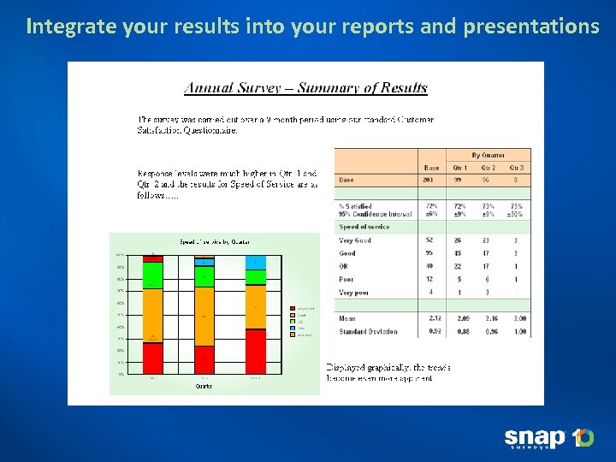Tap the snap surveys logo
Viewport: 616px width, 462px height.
[548, 439]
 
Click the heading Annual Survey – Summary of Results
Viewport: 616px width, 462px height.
[306, 87]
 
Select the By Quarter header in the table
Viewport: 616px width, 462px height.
[488, 155]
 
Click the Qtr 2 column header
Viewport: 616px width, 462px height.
[488, 168]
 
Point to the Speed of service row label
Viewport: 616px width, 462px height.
[364, 227]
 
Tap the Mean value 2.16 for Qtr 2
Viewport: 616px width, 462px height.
[488, 317]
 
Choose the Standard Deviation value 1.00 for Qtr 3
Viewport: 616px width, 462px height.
[516, 331]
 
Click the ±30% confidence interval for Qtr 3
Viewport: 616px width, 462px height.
[516, 214]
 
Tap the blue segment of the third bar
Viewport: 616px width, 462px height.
[256, 263]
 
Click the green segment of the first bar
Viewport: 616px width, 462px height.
[152, 275]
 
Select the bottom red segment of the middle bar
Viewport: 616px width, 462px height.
[204, 359]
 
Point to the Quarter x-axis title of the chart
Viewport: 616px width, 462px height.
[204, 386]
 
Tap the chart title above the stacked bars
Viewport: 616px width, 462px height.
[204, 242]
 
